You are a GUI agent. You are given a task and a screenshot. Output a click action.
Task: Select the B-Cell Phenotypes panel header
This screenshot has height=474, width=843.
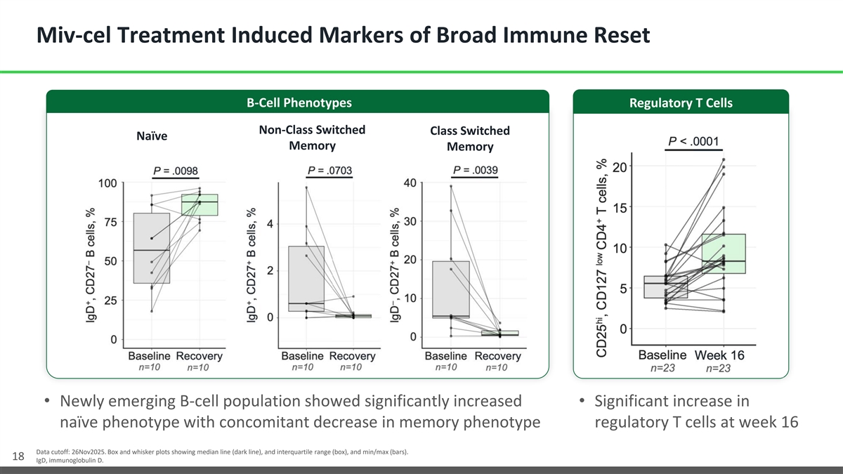coord(299,103)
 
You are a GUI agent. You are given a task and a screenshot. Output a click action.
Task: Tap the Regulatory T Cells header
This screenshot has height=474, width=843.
coord(681,103)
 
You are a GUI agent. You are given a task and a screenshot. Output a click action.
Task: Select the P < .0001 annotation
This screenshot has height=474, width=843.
coord(693,140)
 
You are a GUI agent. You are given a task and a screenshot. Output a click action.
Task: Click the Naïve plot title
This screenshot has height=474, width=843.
coord(151,136)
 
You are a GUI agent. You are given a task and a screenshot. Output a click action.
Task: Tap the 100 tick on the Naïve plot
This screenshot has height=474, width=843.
coord(107,183)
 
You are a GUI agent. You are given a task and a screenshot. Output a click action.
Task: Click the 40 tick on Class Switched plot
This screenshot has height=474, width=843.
coord(410,183)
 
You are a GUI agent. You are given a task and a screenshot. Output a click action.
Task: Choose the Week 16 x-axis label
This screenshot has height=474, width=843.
coord(720,355)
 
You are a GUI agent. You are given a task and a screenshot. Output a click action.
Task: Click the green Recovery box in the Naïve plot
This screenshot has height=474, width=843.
coord(200,205)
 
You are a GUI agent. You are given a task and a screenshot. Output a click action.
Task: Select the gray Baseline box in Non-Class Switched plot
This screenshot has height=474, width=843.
coord(306,278)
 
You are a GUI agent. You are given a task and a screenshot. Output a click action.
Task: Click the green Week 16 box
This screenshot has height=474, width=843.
coord(724,254)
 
